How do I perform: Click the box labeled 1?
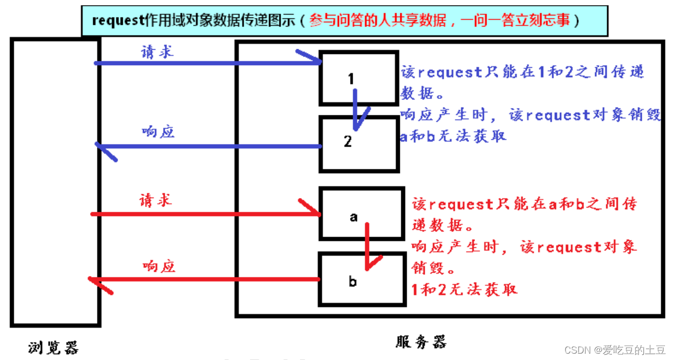point(358,77)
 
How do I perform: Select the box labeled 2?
point(358,144)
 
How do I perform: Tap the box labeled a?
point(362,213)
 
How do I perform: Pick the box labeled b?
point(362,279)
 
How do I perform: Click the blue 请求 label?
point(157,52)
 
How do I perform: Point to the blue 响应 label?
point(158,132)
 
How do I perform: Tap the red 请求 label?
point(155,201)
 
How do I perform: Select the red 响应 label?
point(158,266)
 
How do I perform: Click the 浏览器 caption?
point(53,347)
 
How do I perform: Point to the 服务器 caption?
point(421,341)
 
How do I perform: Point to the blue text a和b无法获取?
point(453,136)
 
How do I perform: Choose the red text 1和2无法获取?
point(464,289)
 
